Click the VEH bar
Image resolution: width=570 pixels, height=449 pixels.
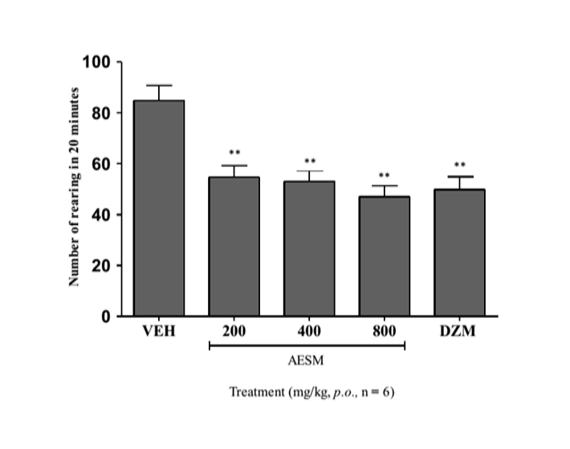[x=159, y=208]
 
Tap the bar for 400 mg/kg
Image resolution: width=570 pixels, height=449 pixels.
[x=309, y=248]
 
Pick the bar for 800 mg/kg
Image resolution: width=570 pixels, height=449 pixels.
[x=385, y=256]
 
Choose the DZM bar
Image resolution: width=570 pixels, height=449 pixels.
[x=460, y=252]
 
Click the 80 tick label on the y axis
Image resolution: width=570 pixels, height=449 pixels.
[x=102, y=113]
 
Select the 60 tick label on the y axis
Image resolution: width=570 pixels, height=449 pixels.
[x=102, y=164]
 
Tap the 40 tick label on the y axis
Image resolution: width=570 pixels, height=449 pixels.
[x=102, y=214]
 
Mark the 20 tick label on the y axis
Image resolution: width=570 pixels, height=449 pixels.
[x=102, y=266]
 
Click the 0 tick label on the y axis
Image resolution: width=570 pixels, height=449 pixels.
[x=106, y=316]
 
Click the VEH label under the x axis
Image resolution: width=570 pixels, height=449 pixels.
[x=159, y=332]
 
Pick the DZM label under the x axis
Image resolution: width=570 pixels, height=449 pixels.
[x=460, y=332]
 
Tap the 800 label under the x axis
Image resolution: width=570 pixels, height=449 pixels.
[x=385, y=332]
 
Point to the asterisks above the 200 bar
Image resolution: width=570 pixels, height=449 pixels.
[x=234, y=153]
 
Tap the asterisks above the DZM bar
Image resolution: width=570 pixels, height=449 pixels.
[x=460, y=165]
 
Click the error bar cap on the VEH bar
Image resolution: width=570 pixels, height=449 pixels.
[x=159, y=85]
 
